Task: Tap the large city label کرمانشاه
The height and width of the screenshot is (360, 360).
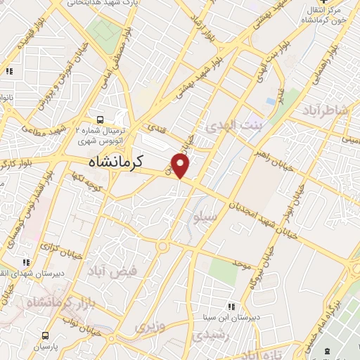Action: pos(116,161)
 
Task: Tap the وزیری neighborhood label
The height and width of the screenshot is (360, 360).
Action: pos(148,328)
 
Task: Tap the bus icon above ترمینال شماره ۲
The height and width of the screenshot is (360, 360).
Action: pos(100,119)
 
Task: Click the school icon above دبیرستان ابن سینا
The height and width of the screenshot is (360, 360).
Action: pos(231,306)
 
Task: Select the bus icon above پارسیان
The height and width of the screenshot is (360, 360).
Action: pos(45,335)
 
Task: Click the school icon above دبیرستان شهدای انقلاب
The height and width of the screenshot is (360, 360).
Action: pos(27,263)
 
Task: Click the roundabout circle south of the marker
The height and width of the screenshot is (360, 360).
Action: pos(163,247)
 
